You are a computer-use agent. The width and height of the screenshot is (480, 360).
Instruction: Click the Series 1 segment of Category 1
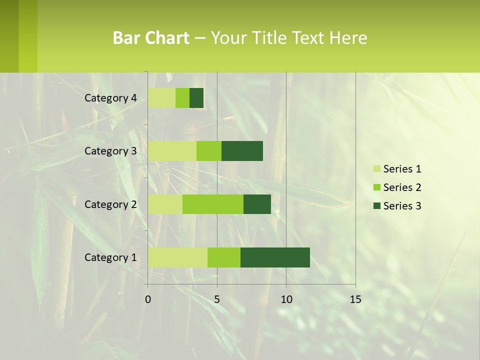point(177,257)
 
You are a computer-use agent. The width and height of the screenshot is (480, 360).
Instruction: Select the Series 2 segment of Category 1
point(224,257)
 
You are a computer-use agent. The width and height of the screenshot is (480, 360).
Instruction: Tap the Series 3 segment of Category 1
point(275,257)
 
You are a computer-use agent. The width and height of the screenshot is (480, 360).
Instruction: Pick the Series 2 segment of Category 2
point(213,204)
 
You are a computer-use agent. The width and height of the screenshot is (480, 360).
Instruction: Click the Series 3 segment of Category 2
point(257,204)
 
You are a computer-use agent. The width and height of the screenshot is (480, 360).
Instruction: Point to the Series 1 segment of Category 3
point(172,151)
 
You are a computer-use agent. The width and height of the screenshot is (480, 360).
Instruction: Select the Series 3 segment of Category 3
point(242,151)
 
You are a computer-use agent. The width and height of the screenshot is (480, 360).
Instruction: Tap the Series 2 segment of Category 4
point(182,98)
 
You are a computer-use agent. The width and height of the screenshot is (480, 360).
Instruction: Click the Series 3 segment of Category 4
point(196,98)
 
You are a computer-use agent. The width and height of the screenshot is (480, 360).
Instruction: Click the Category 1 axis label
point(110,257)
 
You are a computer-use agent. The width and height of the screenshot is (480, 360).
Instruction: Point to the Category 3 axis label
point(110,151)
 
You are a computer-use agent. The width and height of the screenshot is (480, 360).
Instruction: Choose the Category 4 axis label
point(110,98)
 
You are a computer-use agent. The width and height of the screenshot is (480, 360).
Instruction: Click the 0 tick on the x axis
point(148,299)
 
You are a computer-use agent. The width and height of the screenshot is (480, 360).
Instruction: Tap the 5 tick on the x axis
point(217,299)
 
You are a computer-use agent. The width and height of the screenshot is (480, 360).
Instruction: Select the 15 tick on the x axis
point(355,299)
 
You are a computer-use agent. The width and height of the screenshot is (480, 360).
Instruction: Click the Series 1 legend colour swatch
point(376,169)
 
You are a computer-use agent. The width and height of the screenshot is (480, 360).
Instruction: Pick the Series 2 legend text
point(402,187)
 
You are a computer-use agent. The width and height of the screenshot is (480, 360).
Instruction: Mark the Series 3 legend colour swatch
point(376,206)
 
